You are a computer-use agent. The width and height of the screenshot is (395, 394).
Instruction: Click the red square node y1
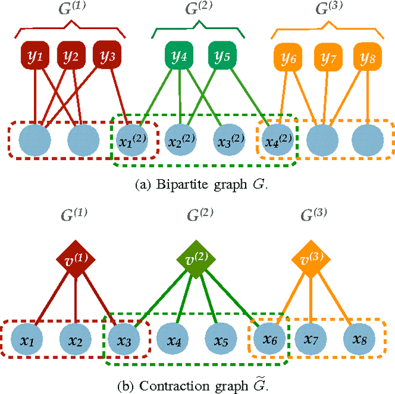[x=35, y=57]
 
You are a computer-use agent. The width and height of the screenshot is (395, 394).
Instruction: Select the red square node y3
[x=107, y=57]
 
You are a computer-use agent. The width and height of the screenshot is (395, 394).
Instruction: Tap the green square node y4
[x=179, y=57]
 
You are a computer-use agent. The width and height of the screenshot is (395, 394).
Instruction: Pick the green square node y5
[x=221, y=57]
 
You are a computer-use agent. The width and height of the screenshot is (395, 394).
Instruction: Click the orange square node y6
[x=288, y=58]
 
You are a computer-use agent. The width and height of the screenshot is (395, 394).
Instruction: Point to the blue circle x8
[x=359, y=340]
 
